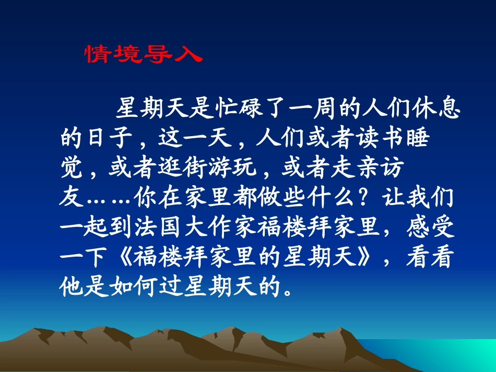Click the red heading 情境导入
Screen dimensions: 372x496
tap(142, 54)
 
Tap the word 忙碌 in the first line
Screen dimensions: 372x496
tap(238, 109)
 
